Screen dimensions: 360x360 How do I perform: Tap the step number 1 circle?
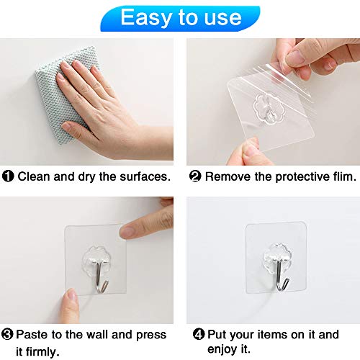point(9,176)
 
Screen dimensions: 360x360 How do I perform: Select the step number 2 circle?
point(195,176)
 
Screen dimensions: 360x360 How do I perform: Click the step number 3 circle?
point(9,336)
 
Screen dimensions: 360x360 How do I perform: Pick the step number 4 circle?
point(199,336)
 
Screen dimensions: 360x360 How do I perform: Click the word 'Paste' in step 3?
point(33,336)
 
